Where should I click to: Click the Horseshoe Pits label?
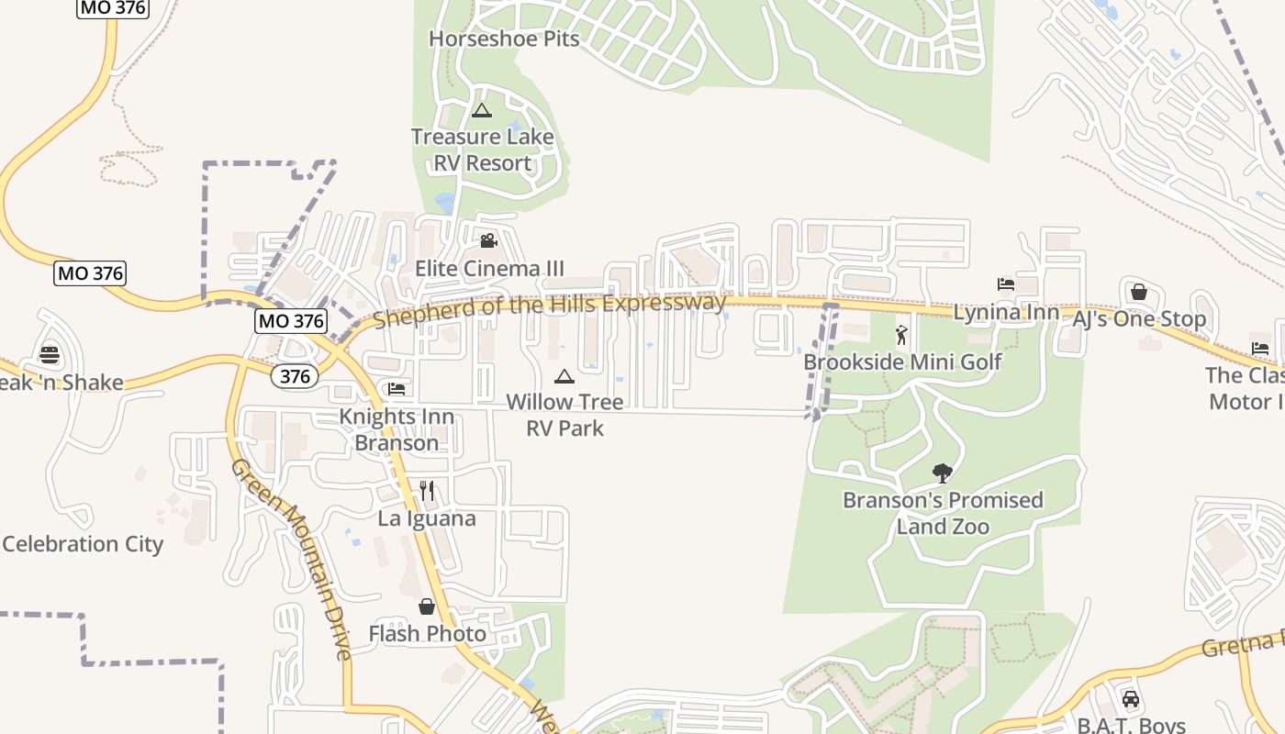[504, 39]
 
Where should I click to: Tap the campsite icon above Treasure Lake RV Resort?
[481, 111]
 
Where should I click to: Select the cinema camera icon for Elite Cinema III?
[488, 240]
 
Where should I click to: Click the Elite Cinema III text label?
[489, 268]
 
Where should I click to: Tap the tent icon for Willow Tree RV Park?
[564, 376]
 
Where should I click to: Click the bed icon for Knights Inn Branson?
[397, 389]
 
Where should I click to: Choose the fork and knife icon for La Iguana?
[427, 491]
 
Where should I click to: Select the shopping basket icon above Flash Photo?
[427, 606]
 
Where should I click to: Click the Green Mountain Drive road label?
[291, 560]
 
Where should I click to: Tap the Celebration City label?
[83, 544]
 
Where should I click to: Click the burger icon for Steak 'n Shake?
[50, 355]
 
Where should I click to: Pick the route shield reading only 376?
[294, 376]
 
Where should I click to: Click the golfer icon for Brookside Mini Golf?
[901, 335]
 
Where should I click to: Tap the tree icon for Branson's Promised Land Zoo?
[942, 473]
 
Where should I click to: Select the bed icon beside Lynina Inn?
[1006, 284]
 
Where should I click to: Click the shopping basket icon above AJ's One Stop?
[1139, 292]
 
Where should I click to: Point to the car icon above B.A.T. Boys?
[1131, 699]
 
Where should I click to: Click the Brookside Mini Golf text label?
[902, 361]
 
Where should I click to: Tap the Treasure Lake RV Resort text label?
[482, 150]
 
